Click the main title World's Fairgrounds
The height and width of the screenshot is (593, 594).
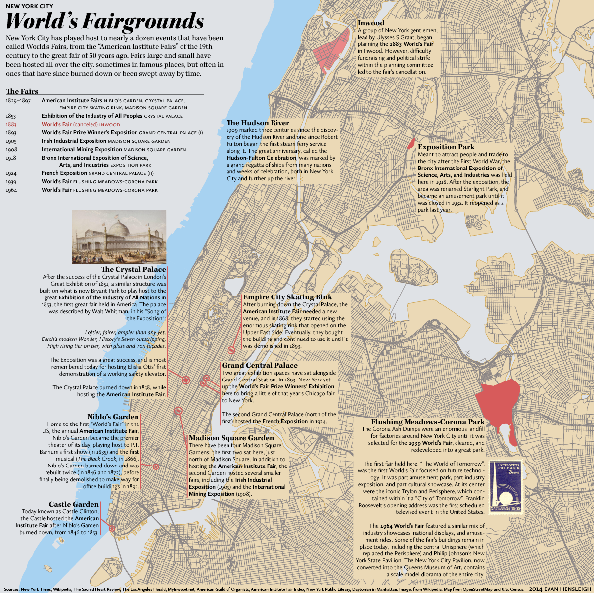coord(104,22)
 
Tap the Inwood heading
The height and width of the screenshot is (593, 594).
coord(370,23)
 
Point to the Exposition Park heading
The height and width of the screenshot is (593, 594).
coord(446,147)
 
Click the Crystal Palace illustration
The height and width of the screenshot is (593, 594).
coord(119,237)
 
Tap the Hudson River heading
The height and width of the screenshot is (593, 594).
coord(258,123)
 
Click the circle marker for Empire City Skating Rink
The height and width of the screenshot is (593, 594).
coord(231,350)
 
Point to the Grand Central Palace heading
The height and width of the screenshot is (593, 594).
coord(260,365)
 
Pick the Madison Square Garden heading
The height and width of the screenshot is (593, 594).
coord(231,438)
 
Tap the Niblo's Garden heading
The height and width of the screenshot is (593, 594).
coord(113,417)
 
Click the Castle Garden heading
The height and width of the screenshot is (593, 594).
coord(74,505)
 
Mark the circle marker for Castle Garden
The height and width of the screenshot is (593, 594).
coord(112,528)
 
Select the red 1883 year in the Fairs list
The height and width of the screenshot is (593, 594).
coord(11,125)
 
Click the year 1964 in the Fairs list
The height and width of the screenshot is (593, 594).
coord(11,190)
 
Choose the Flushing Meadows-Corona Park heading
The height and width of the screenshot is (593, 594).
coord(428,422)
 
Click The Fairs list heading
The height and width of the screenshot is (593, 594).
coord(22,91)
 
